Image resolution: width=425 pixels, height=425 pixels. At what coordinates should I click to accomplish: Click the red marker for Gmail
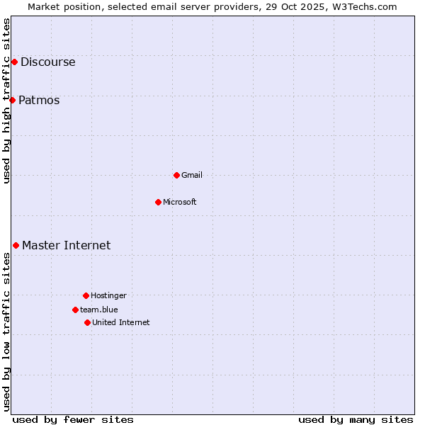[x=176, y=175]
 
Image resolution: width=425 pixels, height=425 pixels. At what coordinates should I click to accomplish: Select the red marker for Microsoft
[x=158, y=202]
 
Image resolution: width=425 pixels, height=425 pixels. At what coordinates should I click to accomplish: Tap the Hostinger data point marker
[x=86, y=295]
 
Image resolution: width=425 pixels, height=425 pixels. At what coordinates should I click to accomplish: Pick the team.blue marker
[x=75, y=310]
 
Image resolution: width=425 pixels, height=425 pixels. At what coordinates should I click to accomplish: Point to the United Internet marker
[x=87, y=322]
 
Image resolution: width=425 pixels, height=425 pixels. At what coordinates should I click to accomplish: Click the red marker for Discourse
[x=14, y=62]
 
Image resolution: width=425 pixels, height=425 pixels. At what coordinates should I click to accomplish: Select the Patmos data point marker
[x=12, y=100]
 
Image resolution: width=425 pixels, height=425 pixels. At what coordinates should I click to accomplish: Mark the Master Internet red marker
[x=16, y=245]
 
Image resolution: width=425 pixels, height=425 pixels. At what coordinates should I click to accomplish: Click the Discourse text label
[x=48, y=62]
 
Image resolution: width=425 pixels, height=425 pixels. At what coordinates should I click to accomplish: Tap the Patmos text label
[x=39, y=100]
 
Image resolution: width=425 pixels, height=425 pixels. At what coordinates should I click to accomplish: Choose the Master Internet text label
[x=67, y=245]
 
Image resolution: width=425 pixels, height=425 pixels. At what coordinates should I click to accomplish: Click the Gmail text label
[x=192, y=175]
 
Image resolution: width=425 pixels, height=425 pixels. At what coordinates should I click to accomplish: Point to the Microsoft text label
[x=180, y=202]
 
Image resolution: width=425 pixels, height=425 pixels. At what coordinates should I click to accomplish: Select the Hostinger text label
[x=108, y=295]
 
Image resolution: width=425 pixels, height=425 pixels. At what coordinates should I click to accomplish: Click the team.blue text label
[x=99, y=310]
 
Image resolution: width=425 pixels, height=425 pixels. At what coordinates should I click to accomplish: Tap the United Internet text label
[x=121, y=322]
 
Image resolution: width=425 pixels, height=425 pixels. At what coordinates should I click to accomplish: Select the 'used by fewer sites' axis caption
[x=73, y=419]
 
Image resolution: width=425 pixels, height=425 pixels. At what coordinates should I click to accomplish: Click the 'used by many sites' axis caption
[x=356, y=419]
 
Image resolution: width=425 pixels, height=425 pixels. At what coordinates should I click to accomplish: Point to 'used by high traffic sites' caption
[x=6, y=101]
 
